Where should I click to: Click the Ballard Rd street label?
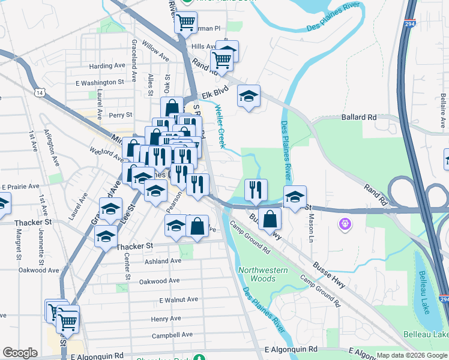pos(359,117)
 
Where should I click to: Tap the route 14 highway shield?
pos(40,93)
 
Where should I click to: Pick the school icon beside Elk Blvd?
pos(249,95)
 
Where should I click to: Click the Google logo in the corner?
pos(20,353)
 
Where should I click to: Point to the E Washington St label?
pos(100,82)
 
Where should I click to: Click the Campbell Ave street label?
pos(172,335)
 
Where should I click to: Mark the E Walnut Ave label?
pos(178,299)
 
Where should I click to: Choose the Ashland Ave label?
pos(163,261)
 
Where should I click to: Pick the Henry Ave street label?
pos(166,319)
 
